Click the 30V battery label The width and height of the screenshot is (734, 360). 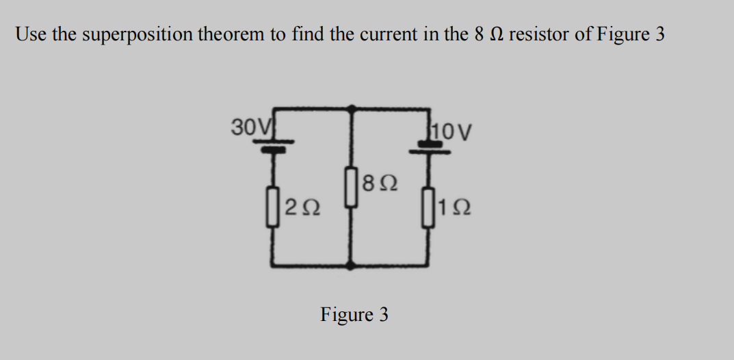pyautogui.click(x=244, y=127)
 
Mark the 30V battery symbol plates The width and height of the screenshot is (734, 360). pyautogui.click(x=275, y=144)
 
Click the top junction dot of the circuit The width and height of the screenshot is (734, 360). pyautogui.click(x=352, y=108)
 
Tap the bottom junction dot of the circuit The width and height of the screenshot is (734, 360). pyautogui.click(x=352, y=263)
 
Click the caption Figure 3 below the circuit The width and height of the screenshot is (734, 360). pyautogui.click(x=354, y=315)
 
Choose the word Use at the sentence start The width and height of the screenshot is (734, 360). pyautogui.click(x=30, y=34)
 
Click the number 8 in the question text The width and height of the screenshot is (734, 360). pyautogui.click(x=478, y=34)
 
